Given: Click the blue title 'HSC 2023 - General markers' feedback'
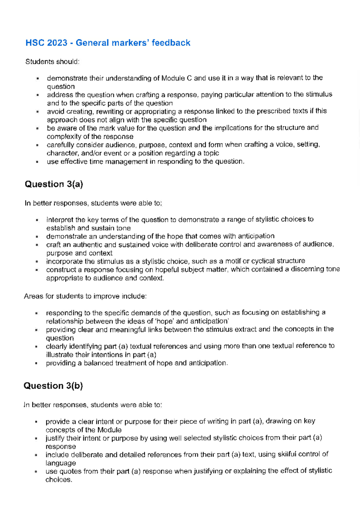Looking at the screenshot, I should [x=108, y=43].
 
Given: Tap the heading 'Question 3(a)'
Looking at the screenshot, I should [x=54, y=184].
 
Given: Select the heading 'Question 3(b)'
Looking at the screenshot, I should [x=53, y=386].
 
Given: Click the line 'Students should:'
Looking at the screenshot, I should [x=52, y=62].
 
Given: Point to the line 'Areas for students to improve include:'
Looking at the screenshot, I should [x=85, y=296].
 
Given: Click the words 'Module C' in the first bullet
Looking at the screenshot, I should [x=176, y=78].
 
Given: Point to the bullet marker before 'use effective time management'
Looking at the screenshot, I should [x=37, y=162].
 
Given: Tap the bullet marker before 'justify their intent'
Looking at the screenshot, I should [x=36, y=438].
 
